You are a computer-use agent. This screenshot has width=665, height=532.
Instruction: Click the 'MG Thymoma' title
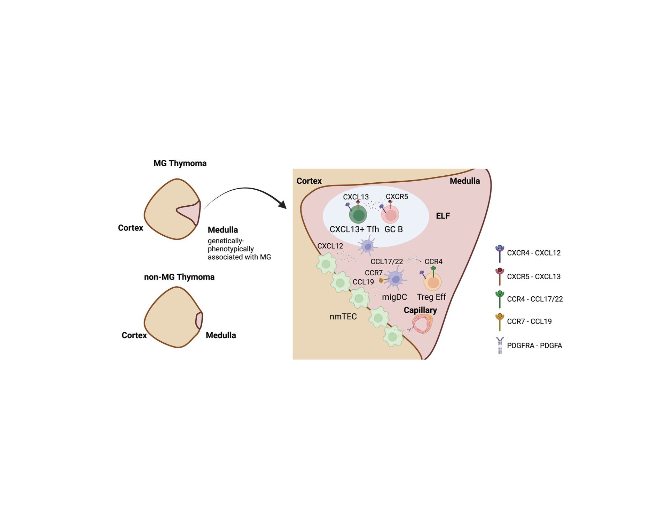pos(180,163)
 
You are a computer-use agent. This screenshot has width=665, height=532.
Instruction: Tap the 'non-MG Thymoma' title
pos(179,277)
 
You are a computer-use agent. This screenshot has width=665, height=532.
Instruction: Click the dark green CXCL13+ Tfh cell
pos(358,214)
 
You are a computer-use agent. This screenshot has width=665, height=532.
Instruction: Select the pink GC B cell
pos(390,215)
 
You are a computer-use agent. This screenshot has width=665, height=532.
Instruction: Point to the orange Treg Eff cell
pos(433,282)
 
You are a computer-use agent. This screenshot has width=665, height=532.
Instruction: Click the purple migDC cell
pos(396,278)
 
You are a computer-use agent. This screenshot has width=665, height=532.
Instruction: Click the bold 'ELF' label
pos(443,216)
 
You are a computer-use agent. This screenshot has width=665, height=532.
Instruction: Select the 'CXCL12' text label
pos(330,246)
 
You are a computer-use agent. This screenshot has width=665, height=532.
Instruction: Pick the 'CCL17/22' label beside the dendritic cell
pos(386,261)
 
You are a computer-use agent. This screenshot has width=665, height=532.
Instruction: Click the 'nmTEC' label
pos(343,317)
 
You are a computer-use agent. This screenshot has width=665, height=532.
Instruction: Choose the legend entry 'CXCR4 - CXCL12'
pos(533,253)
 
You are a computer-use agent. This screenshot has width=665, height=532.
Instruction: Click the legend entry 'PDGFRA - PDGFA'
pos(534,345)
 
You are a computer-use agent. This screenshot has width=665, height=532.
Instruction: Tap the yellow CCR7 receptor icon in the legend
pos(500,321)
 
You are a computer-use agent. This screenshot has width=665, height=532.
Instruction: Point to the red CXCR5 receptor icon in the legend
pos(500,276)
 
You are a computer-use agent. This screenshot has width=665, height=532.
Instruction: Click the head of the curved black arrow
pos(283,205)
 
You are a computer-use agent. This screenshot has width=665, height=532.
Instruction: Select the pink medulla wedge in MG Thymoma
pos(191,212)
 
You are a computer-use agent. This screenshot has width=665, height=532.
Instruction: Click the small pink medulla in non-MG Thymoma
pos(199,320)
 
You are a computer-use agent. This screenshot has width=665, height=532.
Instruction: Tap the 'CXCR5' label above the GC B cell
pos(397,197)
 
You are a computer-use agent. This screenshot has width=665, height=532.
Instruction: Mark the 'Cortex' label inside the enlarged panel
pos(309,181)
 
